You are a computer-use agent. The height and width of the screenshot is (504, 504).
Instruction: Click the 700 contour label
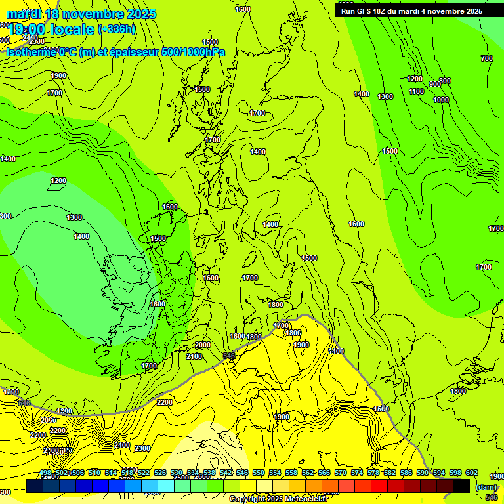coord(486,59)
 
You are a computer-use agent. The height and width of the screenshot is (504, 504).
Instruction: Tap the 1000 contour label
coord(441,100)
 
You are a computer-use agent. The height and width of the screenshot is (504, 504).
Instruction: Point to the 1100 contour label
coord(416,91)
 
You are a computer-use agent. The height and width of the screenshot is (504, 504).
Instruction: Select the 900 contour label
coord(434,84)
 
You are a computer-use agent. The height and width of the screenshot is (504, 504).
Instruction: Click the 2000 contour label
coord(203,345)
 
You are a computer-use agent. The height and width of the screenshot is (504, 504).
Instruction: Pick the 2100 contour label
coord(194,356)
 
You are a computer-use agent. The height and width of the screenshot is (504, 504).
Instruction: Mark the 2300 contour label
coord(142,448)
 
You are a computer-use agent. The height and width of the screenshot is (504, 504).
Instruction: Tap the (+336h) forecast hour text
coord(117,29)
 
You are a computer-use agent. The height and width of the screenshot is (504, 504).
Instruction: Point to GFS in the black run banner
coord(367,11)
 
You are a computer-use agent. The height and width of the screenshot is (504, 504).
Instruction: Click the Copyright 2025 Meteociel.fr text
coord(278,499)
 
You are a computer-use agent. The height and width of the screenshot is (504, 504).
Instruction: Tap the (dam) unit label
coord(486,488)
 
